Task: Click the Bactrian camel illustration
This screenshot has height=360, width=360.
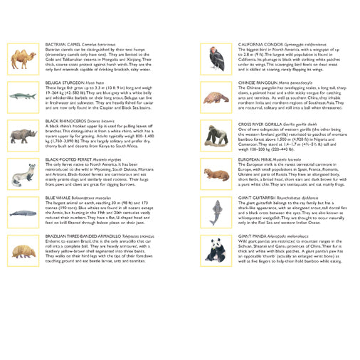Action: [x=23, y=57]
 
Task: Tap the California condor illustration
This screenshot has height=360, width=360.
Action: [x=216, y=57]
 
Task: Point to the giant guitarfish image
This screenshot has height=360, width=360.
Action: [x=216, y=212]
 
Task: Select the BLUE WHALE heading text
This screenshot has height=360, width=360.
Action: [x=58, y=198]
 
